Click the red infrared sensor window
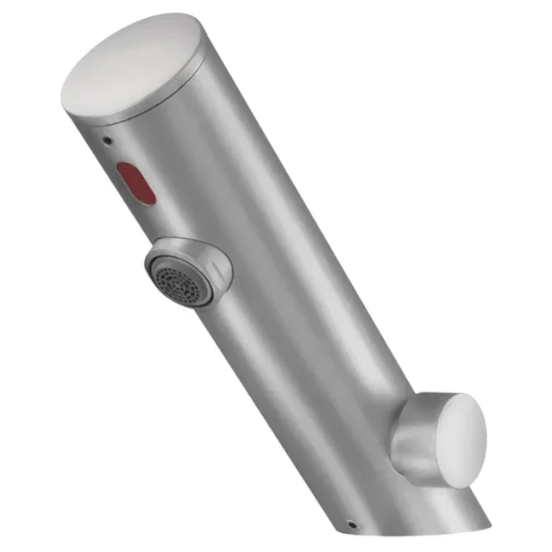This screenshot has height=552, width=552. (135, 182)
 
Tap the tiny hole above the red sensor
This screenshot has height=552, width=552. (106, 138)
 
